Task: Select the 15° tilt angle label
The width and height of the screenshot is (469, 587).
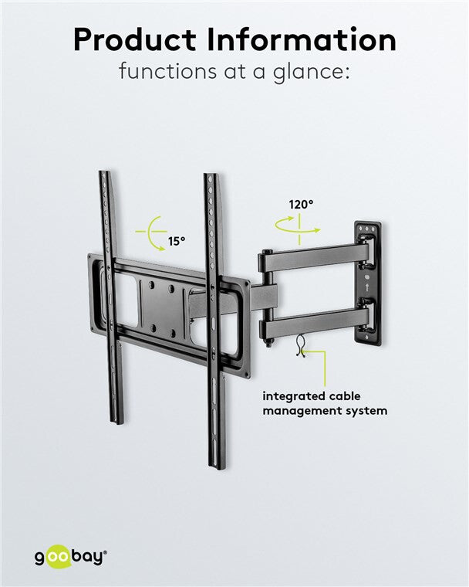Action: [x=177, y=242]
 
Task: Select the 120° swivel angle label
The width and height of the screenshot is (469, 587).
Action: [x=301, y=205]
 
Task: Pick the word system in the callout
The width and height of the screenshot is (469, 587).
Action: [x=366, y=411]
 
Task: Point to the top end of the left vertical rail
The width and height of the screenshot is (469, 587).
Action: [x=105, y=176]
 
